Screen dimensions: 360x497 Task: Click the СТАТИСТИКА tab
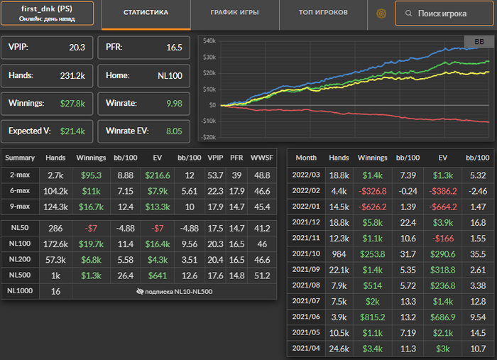[x=146, y=13]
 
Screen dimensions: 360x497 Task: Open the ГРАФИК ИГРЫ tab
[x=234, y=13]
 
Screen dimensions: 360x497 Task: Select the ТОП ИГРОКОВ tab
[x=323, y=13]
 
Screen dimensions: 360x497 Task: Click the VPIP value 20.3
[x=77, y=48]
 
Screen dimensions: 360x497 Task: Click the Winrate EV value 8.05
[x=174, y=131]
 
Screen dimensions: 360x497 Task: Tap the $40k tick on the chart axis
[x=209, y=40]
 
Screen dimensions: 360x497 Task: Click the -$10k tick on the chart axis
[x=208, y=120]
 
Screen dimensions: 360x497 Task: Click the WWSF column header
[x=261, y=157]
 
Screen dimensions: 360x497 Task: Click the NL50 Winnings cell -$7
[x=92, y=229]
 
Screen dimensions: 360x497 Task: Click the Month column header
[x=307, y=157]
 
